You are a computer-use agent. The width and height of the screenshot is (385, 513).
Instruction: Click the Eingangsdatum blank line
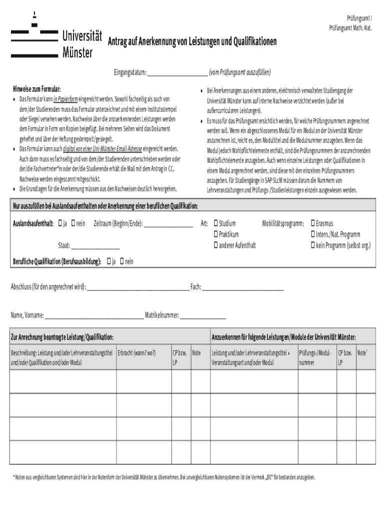coord(177,72)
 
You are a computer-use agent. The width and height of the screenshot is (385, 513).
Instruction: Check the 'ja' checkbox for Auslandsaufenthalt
coord(60,223)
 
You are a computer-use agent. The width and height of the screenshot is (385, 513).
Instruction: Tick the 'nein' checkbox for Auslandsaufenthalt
coord(73,223)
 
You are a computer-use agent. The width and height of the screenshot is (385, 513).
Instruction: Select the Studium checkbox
coord(215,223)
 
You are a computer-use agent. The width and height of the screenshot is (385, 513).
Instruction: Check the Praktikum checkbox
coord(215,234)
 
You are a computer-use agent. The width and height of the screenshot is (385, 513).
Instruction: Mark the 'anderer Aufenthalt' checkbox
coord(215,245)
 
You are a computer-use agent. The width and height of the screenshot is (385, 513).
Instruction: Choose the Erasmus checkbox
coord(313,223)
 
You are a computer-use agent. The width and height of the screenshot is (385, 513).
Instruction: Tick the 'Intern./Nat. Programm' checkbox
coord(313,234)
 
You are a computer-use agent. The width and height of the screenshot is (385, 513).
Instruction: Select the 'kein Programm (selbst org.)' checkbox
coord(313,245)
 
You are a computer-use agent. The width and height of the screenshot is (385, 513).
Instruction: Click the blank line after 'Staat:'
coord(95,247)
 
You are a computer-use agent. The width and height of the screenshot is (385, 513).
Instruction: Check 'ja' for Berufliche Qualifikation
coord(108,261)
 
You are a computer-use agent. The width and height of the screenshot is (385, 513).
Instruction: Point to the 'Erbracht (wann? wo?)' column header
coord(136,353)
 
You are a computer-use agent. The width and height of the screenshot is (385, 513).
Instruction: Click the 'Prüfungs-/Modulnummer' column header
coord(315,357)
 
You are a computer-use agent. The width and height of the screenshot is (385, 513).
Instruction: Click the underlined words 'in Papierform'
coord(65,99)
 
